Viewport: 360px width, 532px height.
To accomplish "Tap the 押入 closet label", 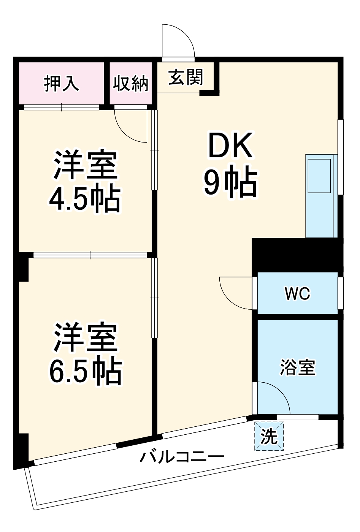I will [x=62, y=83].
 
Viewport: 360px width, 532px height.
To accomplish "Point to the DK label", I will [x=230, y=146].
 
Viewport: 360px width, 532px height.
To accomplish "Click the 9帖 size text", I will [x=230, y=183].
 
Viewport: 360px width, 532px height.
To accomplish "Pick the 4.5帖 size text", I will [x=85, y=199].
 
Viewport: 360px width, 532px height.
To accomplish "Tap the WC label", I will [x=298, y=293].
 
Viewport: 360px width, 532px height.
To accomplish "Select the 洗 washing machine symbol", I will [x=269, y=436].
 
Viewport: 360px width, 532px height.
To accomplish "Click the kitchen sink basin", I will [x=319, y=176].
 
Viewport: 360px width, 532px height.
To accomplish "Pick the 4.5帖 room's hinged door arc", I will [x=129, y=127].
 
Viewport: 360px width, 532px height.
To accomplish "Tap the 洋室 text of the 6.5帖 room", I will [x=86, y=337].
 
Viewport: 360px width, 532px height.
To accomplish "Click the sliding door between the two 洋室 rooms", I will [x=90, y=255].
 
